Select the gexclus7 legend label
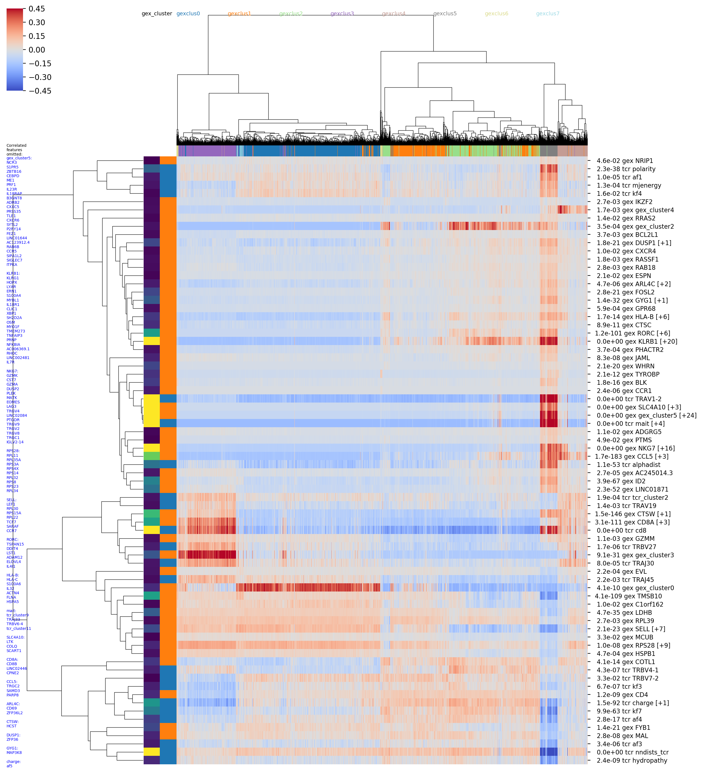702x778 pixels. [547, 13]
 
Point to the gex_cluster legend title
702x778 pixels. [157, 13]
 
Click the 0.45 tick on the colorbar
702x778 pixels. [37, 9]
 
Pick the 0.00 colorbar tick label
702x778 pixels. [37, 50]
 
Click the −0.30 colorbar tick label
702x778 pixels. [40, 77]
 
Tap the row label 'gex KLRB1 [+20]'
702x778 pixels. [637, 341]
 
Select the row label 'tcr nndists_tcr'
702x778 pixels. [632, 752]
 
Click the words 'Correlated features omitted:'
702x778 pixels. [16, 150]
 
